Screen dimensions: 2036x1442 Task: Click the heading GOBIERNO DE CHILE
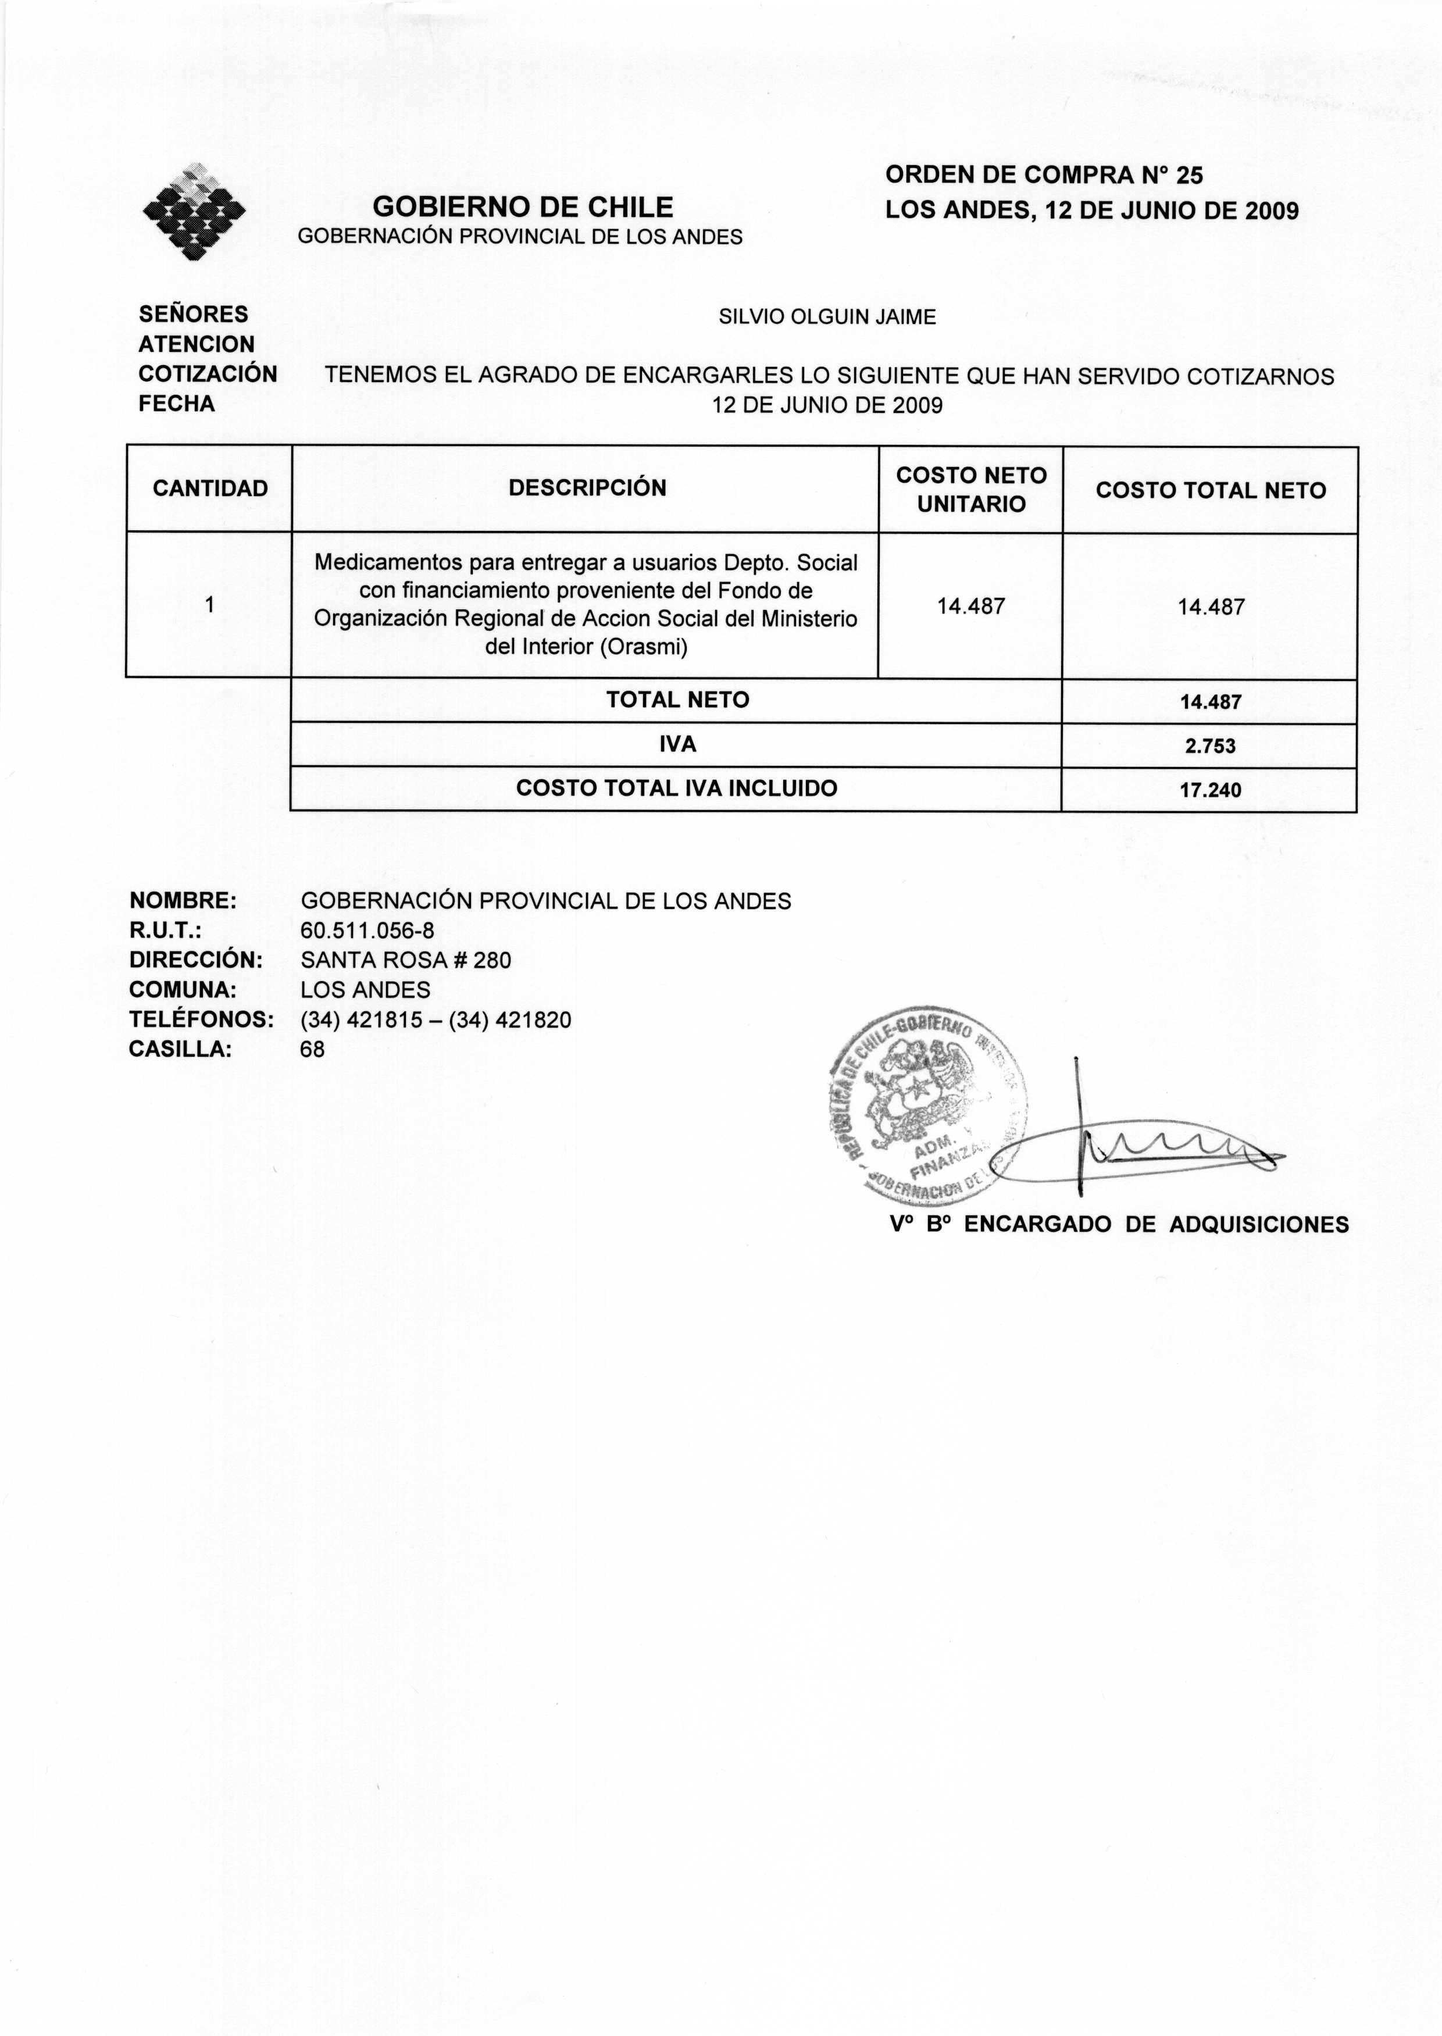click(x=522, y=207)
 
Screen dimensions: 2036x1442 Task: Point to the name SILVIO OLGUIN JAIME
click(x=827, y=317)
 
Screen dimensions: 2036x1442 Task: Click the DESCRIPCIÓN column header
click(x=587, y=489)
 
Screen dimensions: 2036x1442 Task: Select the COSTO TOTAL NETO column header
click(x=1210, y=490)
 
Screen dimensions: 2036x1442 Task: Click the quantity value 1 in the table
click(x=209, y=605)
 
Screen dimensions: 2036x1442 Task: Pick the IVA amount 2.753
click(x=1209, y=747)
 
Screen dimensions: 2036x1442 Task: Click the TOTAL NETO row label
click(x=677, y=700)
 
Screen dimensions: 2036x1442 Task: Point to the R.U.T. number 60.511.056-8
click(x=367, y=930)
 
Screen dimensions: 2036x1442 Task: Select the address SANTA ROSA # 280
click(x=406, y=960)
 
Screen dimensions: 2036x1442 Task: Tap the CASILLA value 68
click(x=313, y=1050)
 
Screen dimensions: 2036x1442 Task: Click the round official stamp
click(x=928, y=1106)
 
